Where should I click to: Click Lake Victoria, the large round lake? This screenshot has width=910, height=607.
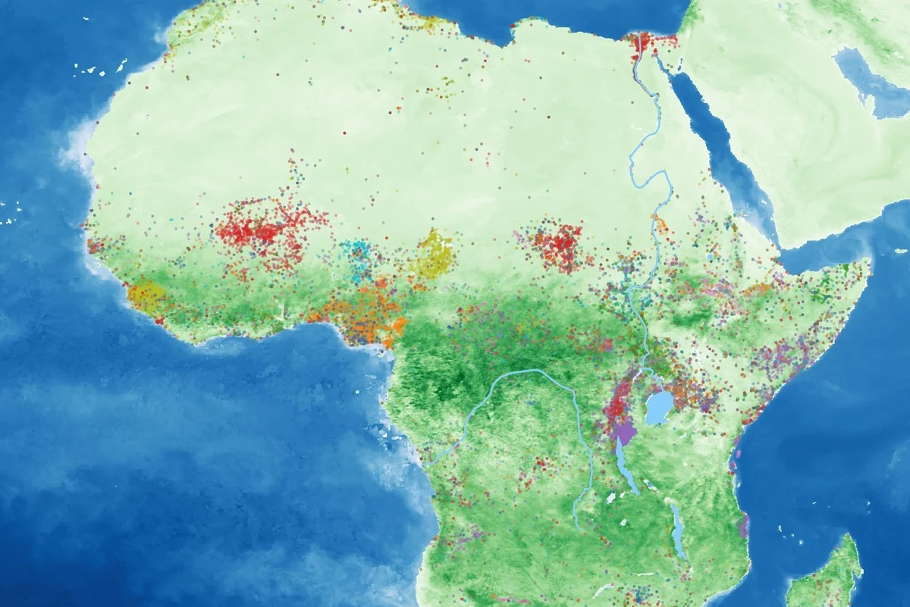(x=659, y=408)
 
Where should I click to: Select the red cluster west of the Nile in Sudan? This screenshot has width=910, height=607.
(x=559, y=244)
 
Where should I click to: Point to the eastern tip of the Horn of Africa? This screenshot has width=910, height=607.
(x=868, y=262)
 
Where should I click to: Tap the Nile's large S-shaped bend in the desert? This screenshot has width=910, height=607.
(x=652, y=182)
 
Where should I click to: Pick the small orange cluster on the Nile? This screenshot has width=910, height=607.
(x=661, y=225)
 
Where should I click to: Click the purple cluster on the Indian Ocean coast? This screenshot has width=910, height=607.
(x=744, y=523)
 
